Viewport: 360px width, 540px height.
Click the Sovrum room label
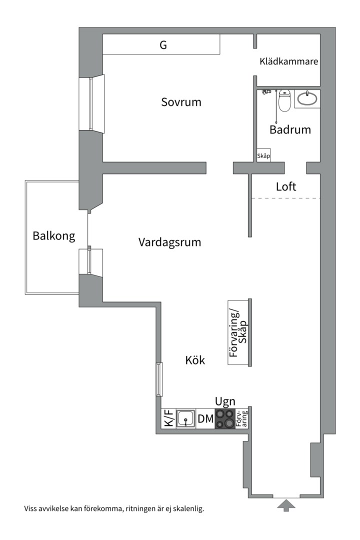pos(181,102)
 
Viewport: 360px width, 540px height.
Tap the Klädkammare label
pos(289,62)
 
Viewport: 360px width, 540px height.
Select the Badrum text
pos(290,130)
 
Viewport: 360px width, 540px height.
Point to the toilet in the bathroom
pos(284,100)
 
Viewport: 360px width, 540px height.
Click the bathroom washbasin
pos(307,98)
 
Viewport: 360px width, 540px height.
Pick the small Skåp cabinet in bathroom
pos(263,156)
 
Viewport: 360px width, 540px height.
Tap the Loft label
pos(286,187)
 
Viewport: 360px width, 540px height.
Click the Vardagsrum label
pos(169,242)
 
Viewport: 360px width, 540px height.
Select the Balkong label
pos(54,235)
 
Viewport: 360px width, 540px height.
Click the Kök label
pos(195,360)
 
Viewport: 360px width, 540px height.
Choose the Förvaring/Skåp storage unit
pos(239,332)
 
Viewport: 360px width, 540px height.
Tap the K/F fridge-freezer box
pos(168,418)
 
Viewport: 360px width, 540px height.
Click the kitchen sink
pos(185,418)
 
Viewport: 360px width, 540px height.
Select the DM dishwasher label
pos(205,419)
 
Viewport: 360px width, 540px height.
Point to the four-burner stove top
pos(224,418)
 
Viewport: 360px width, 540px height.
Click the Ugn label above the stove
pos(225,401)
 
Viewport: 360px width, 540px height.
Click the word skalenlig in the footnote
pos(187,509)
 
